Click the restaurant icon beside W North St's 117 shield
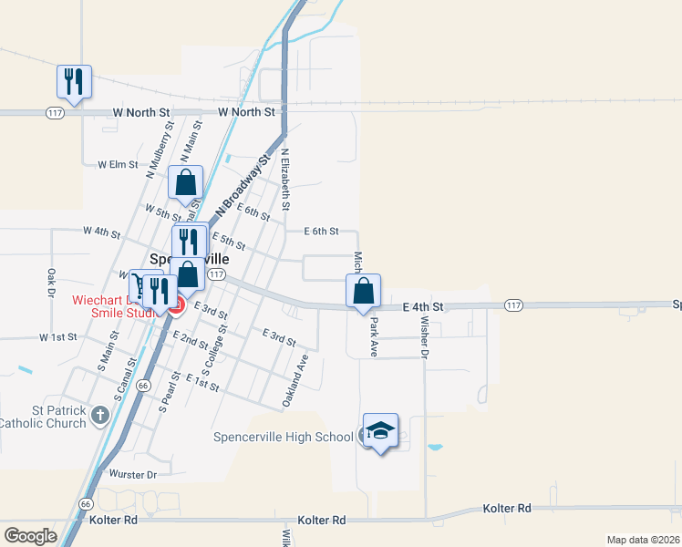point(73,82)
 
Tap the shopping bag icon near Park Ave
point(363,292)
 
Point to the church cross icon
point(99,416)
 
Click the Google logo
point(30,535)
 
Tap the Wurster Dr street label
point(133,475)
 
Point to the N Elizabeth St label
point(285,181)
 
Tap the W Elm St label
point(118,165)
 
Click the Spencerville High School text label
point(283,438)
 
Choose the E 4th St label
point(422,308)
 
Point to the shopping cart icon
point(139,287)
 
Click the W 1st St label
point(57,337)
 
